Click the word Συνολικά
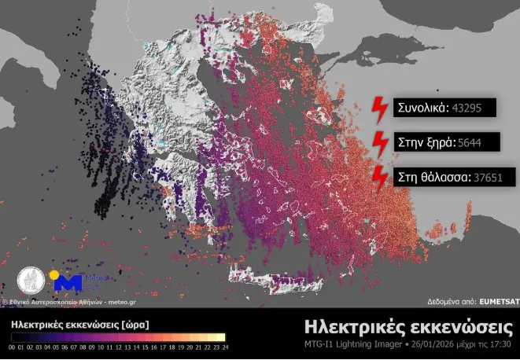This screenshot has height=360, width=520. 422,108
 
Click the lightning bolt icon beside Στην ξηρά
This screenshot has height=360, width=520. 379,142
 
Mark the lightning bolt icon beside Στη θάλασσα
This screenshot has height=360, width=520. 379,177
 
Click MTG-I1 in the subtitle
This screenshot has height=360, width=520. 320,343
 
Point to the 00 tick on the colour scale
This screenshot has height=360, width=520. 13,345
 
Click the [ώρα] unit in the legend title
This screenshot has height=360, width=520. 135,324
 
